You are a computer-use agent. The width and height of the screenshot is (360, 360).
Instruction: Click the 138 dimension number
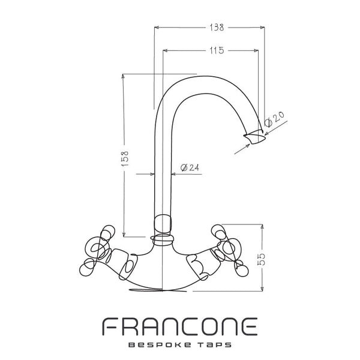(216, 28)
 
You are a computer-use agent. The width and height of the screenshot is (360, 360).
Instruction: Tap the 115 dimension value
(216, 50)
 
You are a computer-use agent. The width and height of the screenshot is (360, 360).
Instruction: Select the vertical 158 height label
(125, 158)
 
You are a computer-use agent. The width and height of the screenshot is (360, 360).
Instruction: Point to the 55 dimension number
(261, 259)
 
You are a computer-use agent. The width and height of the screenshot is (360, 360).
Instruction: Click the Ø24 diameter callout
(190, 167)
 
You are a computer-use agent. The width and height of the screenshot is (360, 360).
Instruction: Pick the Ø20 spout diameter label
(274, 119)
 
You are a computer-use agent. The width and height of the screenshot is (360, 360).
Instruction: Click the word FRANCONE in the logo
(179, 327)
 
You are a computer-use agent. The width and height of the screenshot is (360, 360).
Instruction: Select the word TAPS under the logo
(214, 345)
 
